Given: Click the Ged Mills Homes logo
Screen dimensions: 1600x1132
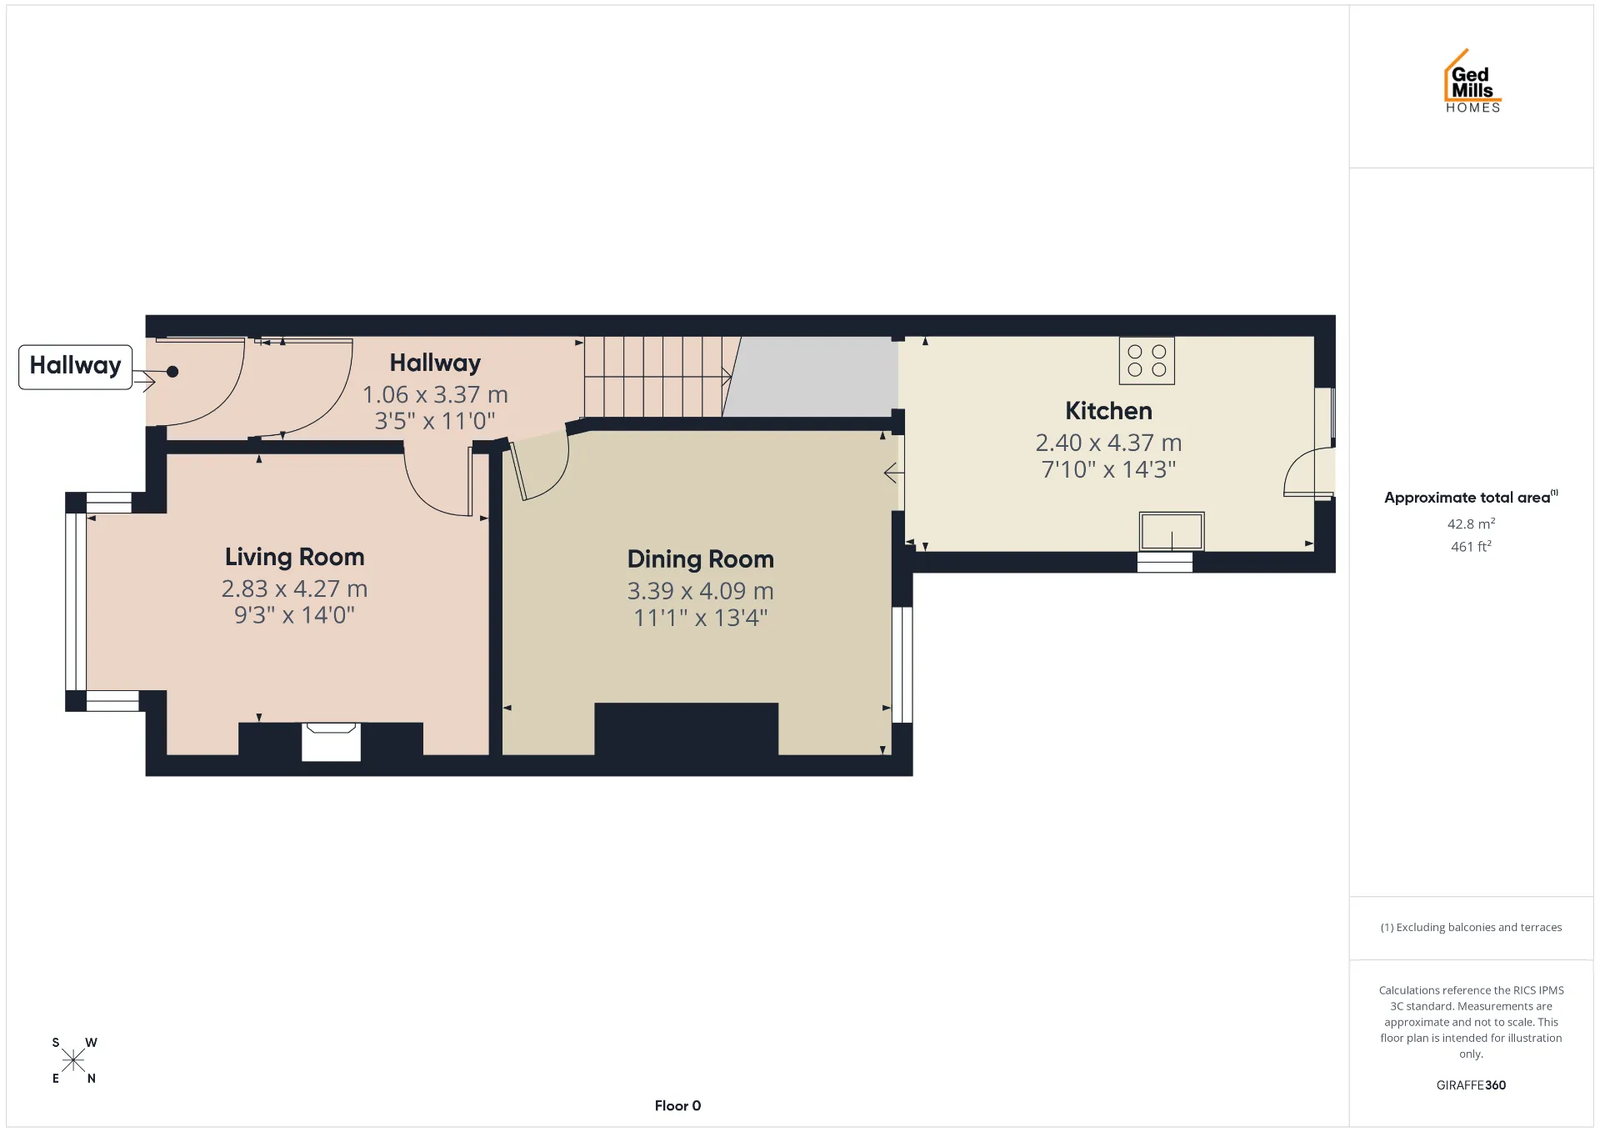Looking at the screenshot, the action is pyautogui.click(x=1472, y=81).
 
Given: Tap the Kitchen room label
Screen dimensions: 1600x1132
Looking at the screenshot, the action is pyautogui.click(x=1108, y=411).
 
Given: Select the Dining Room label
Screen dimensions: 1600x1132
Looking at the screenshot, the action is pyautogui.click(x=700, y=559).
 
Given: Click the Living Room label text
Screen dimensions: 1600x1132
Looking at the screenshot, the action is pyautogui.click(x=294, y=557).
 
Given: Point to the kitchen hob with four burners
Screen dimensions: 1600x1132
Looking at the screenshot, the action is pyautogui.click(x=1147, y=360).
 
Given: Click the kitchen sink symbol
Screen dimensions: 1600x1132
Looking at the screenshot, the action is pyautogui.click(x=1171, y=531).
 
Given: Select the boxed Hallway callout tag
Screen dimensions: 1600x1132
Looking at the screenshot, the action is pyautogui.click(x=75, y=367).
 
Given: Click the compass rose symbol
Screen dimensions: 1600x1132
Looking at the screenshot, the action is pyautogui.click(x=73, y=1060).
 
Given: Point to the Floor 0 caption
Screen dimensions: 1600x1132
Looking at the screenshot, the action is pyautogui.click(x=677, y=1106).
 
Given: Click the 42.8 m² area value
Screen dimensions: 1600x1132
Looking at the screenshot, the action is pyautogui.click(x=1471, y=523).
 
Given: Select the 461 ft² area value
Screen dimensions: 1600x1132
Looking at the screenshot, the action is pyautogui.click(x=1471, y=547).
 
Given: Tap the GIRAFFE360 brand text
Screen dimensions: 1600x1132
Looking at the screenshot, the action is pyautogui.click(x=1471, y=1085).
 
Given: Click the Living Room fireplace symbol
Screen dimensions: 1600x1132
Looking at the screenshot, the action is pyautogui.click(x=331, y=742).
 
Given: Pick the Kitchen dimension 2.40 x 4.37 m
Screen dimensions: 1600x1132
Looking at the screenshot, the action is pyautogui.click(x=1108, y=443).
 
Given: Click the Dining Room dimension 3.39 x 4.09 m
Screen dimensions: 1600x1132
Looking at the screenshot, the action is pyautogui.click(x=700, y=591).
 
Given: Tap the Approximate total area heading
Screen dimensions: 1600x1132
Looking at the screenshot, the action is pyautogui.click(x=1471, y=497).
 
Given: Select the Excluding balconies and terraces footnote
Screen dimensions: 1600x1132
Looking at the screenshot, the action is pyautogui.click(x=1471, y=928).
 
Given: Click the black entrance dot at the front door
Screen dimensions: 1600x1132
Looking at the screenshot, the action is pyautogui.click(x=172, y=372).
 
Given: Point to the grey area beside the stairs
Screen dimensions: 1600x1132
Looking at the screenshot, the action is pyautogui.click(x=812, y=377).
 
